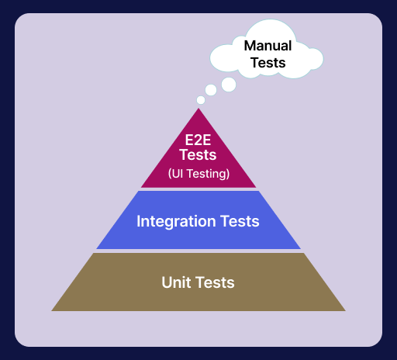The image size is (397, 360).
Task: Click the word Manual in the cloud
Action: [x=268, y=46]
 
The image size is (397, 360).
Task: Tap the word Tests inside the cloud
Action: [x=268, y=63]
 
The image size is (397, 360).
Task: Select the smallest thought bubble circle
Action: [x=201, y=100]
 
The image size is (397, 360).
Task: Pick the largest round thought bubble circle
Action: [x=229, y=84]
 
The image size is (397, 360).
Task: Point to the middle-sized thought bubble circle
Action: [x=211, y=91]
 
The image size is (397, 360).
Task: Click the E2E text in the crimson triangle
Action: [x=198, y=141]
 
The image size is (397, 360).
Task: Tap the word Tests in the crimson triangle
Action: [x=198, y=154]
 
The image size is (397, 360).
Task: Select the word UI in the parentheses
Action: [x=178, y=174]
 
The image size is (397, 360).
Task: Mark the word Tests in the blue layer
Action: [x=239, y=221]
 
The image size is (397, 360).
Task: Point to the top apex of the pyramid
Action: [x=198, y=109]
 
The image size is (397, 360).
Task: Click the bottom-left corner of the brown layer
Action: [x=52, y=310]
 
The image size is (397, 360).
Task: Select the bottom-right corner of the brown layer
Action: [x=345, y=310]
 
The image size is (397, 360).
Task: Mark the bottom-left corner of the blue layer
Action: [x=96, y=249]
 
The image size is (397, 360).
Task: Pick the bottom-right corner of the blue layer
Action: [x=301, y=249]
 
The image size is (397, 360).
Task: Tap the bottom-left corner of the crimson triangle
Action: [x=141, y=188]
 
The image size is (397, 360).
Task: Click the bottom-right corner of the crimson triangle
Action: [x=256, y=188]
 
